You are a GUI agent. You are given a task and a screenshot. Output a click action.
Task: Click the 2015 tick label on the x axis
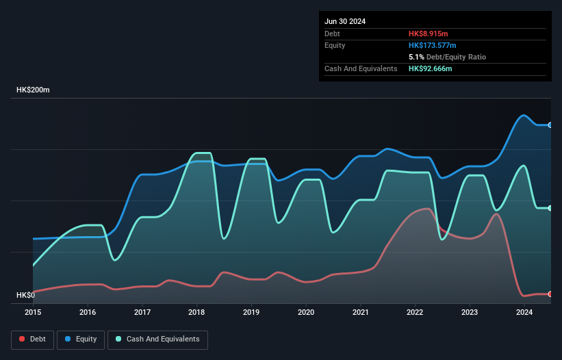point(33,312)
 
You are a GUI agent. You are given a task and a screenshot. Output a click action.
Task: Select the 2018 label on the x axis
point(196,312)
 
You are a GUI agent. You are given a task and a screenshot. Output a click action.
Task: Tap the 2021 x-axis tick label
point(360,312)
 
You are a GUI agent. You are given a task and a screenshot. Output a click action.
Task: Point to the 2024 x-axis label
point(524,312)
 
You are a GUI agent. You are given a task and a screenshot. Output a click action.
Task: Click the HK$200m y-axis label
point(34,90)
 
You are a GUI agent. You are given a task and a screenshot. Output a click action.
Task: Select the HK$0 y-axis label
point(27,295)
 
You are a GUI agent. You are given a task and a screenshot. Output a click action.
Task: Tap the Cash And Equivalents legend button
point(157,339)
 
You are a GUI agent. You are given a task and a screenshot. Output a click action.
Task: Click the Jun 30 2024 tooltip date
point(345,21)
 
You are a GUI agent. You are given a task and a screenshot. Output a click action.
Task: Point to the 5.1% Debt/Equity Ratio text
point(447,57)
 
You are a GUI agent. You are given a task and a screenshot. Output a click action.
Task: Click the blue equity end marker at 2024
point(550,125)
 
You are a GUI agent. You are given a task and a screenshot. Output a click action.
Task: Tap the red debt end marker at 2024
point(550,294)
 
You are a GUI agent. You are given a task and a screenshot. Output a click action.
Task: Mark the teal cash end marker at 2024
point(550,208)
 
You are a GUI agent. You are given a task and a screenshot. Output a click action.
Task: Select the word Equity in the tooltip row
point(335,45)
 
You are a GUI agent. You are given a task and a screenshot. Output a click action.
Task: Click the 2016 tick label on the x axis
point(88,312)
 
